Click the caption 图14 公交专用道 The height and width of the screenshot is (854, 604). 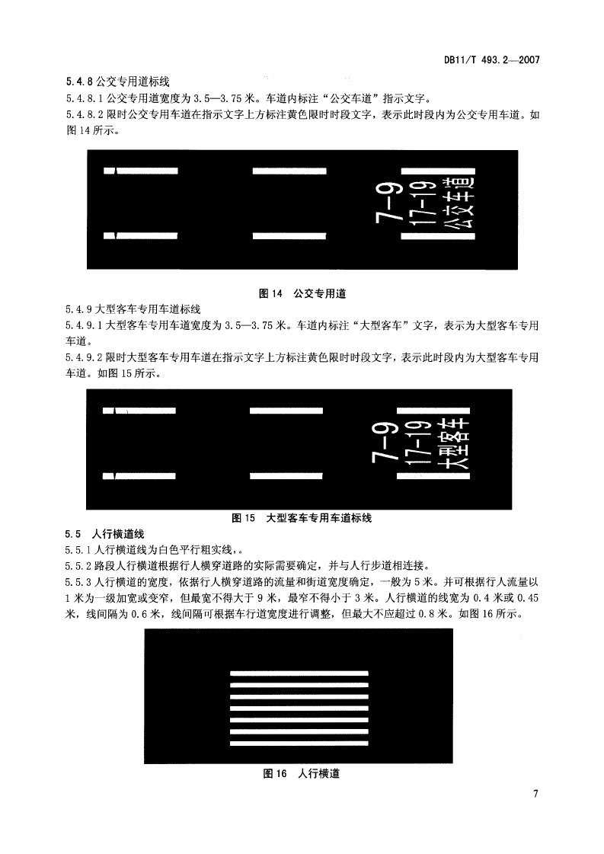(x=302, y=293)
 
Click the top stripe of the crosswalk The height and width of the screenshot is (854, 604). (x=299, y=673)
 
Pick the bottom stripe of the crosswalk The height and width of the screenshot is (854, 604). (x=299, y=743)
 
